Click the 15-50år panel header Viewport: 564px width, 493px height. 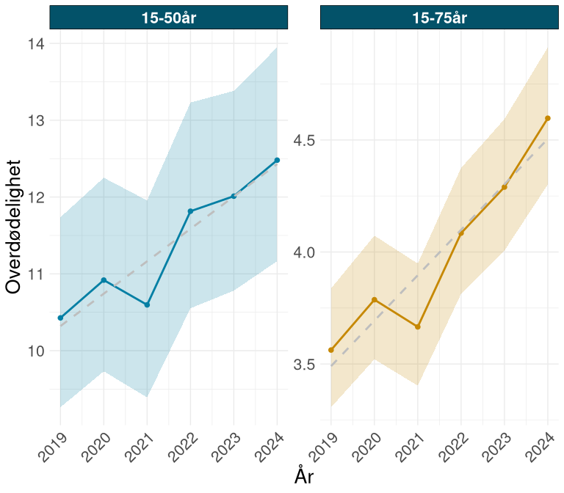(x=168, y=18)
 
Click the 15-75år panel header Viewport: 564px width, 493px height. (x=438, y=18)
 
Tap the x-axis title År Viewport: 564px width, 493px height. (x=304, y=476)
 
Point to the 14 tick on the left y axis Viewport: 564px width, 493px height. (x=35, y=44)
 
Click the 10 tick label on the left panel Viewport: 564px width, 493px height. (x=35, y=351)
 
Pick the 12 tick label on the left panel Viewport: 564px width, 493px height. (x=35, y=197)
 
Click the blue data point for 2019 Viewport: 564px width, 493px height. (x=60, y=318)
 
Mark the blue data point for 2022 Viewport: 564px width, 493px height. (x=190, y=211)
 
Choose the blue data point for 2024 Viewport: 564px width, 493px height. (x=277, y=160)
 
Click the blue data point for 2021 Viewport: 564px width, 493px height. (x=147, y=304)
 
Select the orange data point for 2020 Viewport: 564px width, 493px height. (x=375, y=299)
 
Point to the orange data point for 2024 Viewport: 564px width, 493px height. (x=548, y=118)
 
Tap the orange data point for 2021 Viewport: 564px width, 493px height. (x=418, y=326)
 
